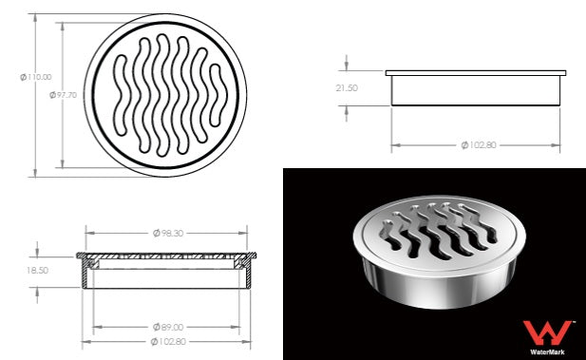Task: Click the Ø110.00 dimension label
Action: tap(36, 77)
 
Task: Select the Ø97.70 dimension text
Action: tap(64, 95)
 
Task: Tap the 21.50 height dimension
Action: tap(347, 88)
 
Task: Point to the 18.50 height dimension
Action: tap(37, 271)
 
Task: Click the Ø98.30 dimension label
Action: tap(168, 234)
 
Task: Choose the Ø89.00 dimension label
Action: tap(168, 327)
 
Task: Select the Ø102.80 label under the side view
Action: tap(479, 145)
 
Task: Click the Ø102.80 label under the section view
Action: tap(168, 341)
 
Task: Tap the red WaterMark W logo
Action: tap(547, 332)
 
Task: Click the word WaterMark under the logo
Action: tap(547, 351)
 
